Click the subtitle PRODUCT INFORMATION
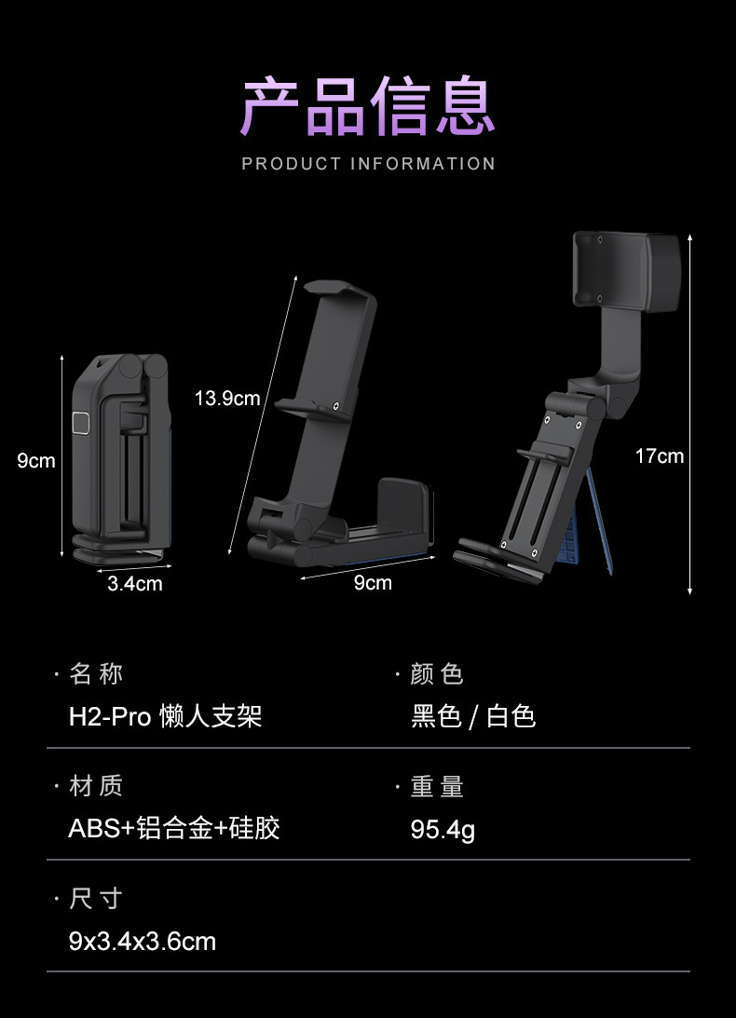[368, 164]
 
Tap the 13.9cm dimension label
[227, 399]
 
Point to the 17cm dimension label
[659, 455]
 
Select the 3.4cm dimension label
[134, 584]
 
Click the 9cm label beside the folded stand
[36, 460]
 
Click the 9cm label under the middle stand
[373, 583]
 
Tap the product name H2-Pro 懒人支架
[165, 716]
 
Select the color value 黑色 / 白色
[473, 716]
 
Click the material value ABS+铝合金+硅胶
[174, 828]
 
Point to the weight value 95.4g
[443, 829]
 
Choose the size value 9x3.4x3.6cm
[143, 941]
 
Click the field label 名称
[96, 673]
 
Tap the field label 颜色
[437, 674]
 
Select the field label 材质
[96, 786]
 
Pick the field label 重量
[437, 787]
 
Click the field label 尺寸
[96, 899]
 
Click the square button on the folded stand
[81, 424]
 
